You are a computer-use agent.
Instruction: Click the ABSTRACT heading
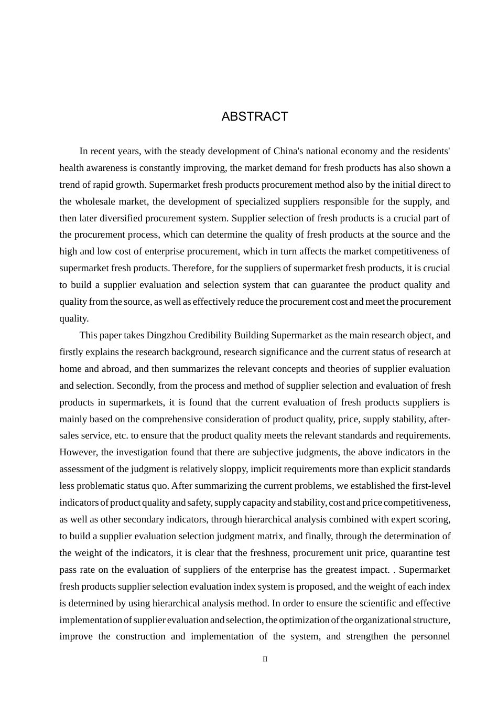255,116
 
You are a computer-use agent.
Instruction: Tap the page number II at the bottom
265,659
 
